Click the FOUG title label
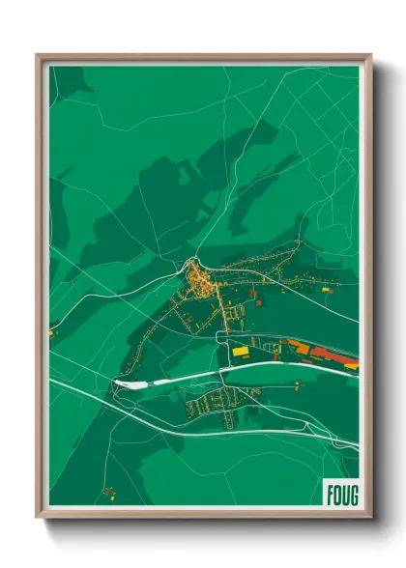(x=340, y=493)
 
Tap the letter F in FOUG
(x=329, y=493)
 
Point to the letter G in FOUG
(x=352, y=493)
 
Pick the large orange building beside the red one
(x=300, y=350)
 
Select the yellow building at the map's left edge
(x=51, y=333)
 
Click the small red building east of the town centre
(x=258, y=302)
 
